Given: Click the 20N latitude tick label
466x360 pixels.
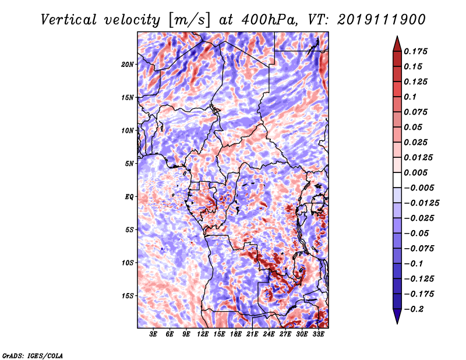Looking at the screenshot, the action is [128, 65].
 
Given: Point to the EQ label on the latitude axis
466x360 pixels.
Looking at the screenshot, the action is [129, 197].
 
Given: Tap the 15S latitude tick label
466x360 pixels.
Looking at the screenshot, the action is [128, 296].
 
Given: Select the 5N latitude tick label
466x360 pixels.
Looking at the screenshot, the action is [129, 164].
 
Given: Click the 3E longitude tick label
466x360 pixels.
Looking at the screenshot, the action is [153, 334].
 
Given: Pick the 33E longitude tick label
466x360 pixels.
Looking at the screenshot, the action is [318, 334].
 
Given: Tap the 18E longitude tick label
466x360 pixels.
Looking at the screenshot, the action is [236, 334].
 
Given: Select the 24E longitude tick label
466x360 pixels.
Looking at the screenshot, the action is [269, 334].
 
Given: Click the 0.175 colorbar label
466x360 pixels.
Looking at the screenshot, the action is [415, 51].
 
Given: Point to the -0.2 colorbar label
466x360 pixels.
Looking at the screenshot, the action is [414, 309].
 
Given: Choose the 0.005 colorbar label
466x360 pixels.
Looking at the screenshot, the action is [415, 172].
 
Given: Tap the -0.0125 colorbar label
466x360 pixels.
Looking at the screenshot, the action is [421, 203].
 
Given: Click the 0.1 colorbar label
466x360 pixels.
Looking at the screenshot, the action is [410, 97].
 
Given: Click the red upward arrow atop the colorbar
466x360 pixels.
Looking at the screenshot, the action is [397, 44].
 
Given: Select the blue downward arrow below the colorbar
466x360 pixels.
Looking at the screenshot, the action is [397, 316].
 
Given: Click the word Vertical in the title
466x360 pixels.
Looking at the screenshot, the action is [69, 20].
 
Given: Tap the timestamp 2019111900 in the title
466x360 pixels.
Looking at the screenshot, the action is [382, 20].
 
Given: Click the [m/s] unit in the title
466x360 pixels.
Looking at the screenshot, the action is [189, 20].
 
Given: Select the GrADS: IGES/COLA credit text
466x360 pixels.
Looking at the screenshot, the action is [33, 356].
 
